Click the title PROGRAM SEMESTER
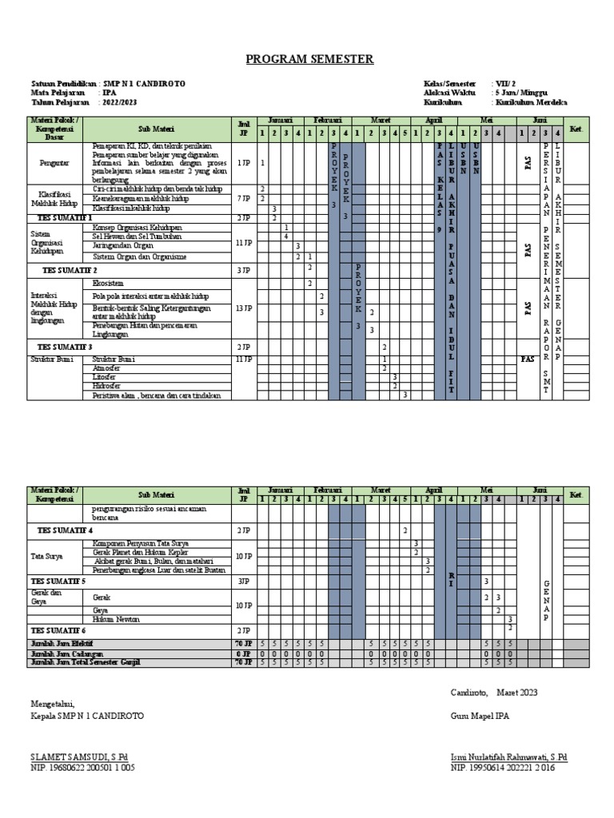pos(309,59)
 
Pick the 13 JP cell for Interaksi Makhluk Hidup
pos(245,308)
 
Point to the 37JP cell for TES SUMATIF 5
pos(244,581)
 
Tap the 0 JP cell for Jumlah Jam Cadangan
pos(244,653)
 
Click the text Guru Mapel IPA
pos(480,717)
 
